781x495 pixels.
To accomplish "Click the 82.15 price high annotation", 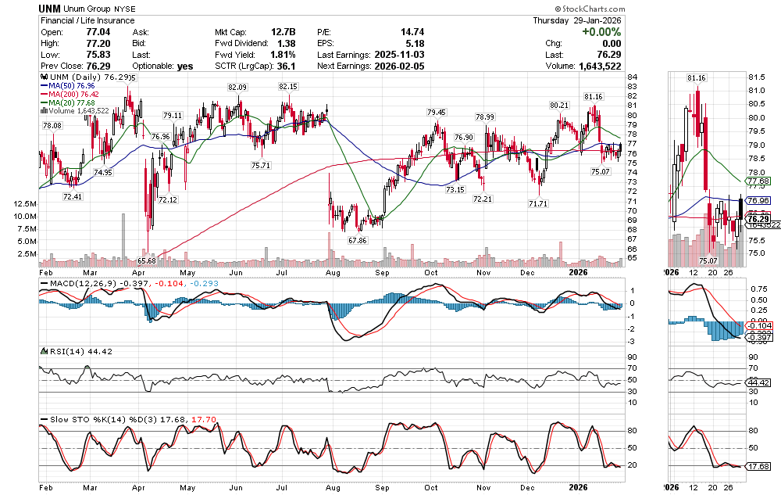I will point(289,87).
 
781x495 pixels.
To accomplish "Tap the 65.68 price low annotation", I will point(147,260).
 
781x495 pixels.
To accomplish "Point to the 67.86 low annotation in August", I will point(358,239).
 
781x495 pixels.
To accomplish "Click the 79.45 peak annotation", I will point(436,113).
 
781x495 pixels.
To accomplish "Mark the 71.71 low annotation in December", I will point(537,203).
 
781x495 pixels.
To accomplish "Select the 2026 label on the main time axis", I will point(578,273).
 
